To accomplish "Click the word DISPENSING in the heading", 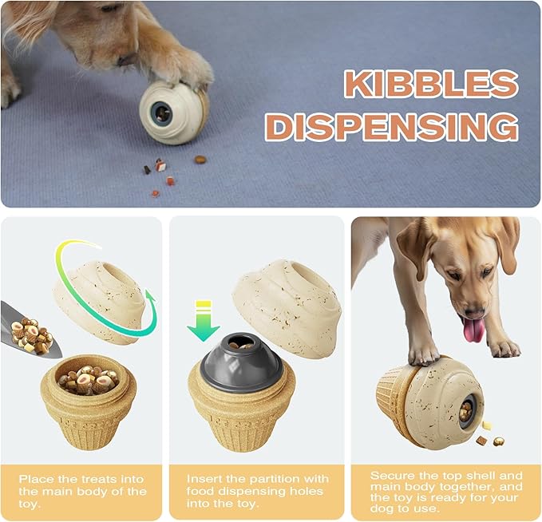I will point(391,127).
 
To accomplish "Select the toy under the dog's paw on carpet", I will point(173,111).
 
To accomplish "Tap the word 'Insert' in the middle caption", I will point(205,478).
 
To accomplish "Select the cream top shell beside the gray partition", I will point(288,296).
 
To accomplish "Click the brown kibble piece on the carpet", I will point(200,160).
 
